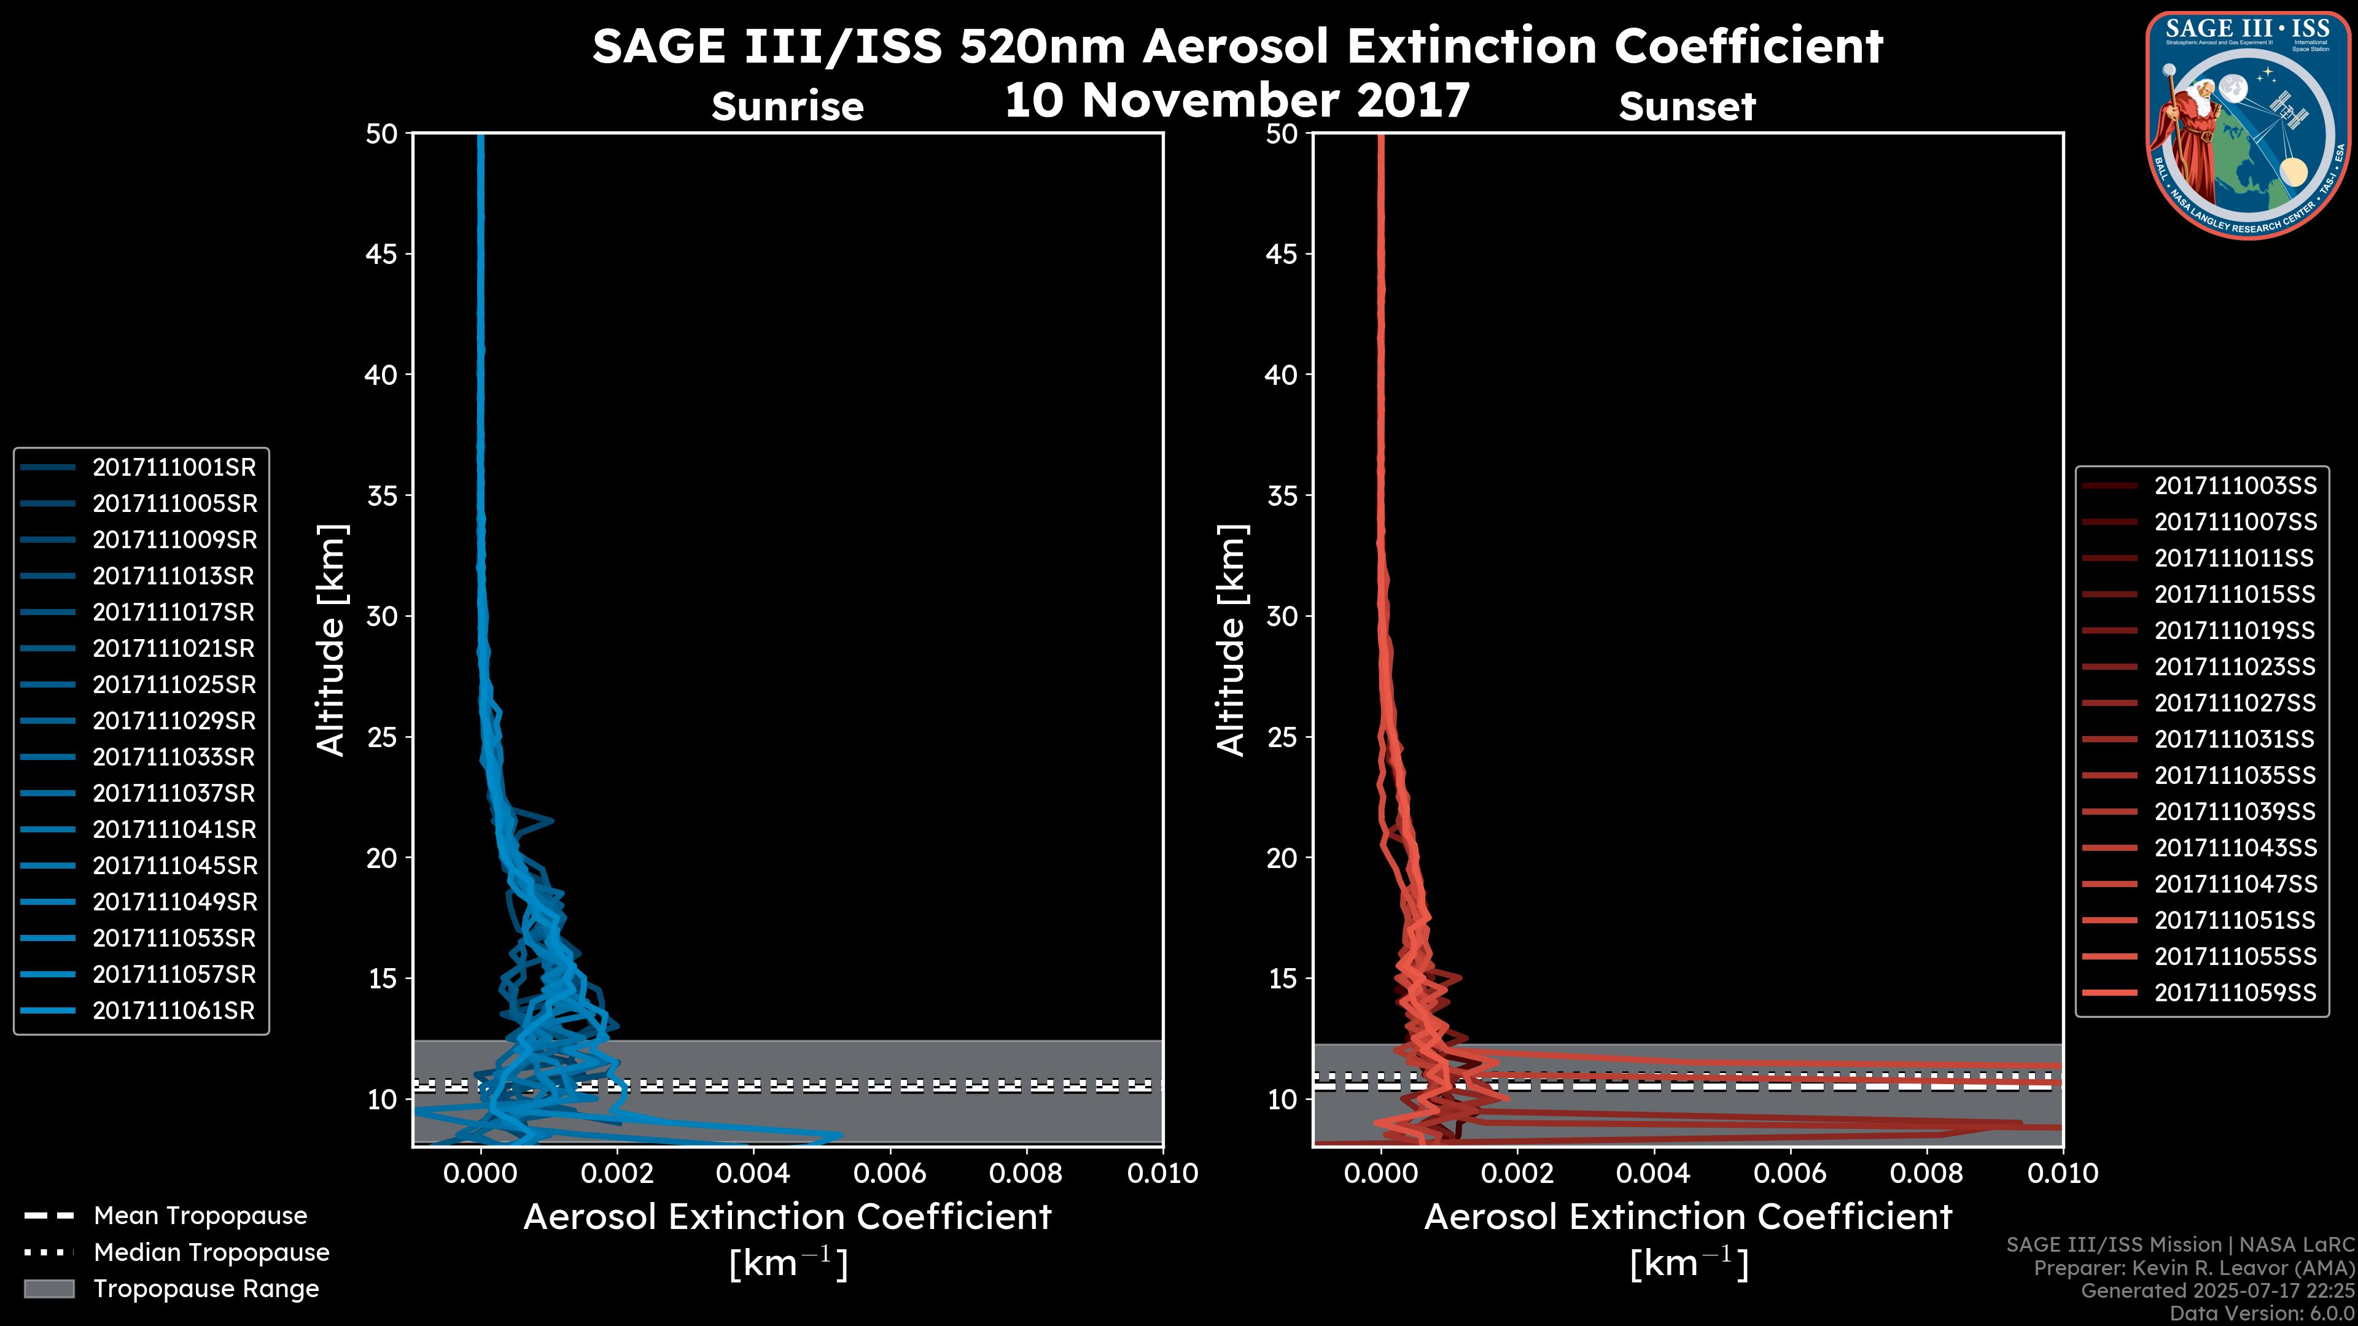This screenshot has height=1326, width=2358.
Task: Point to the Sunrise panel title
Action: [787, 107]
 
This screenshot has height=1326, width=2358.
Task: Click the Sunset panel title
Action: [1687, 107]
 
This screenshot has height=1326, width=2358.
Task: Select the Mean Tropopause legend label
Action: [200, 1216]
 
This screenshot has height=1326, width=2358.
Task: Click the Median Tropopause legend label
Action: [211, 1253]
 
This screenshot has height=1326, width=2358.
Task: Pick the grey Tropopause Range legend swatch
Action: [49, 1289]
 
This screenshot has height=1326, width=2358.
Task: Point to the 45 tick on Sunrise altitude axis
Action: [382, 254]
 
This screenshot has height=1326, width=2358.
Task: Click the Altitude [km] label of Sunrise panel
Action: [332, 640]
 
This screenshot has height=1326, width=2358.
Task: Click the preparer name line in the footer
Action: [2193, 1268]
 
